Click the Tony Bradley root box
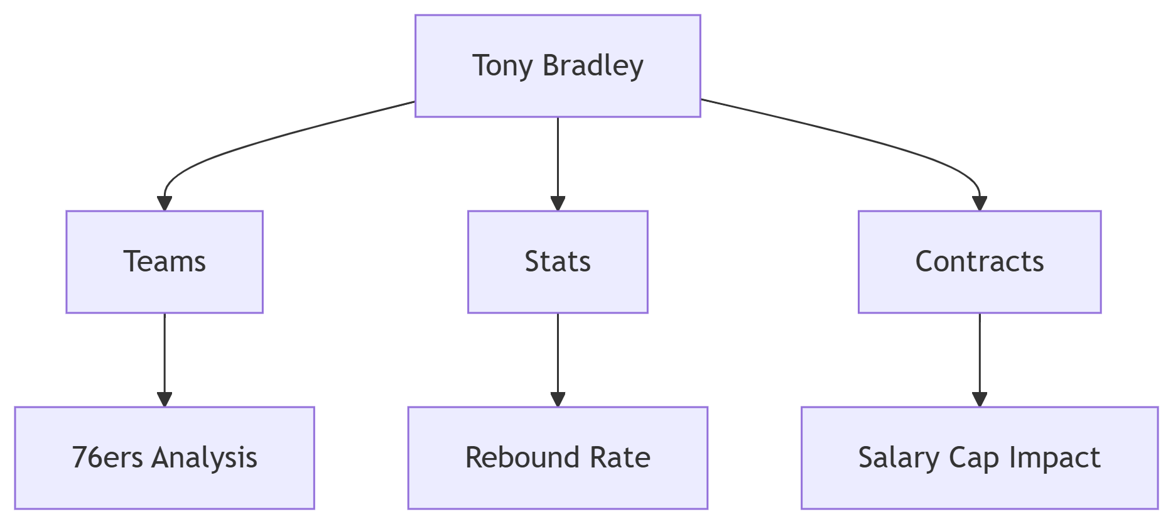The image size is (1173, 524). (x=558, y=66)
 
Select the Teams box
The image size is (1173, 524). (x=165, y=262)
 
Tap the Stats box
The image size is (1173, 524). (x=558, y=262)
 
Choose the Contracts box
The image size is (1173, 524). (x=980, y=262)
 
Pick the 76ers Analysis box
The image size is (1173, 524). (x=165, y=458)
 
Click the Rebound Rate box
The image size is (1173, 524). (x=558, y=458)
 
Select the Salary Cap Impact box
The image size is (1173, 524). (x=980, y=458)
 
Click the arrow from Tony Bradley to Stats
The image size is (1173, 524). (x=558, y=164)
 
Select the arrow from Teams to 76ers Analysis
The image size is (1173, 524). (x=165, y=360)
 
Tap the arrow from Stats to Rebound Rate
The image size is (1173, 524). (x=558, y=360)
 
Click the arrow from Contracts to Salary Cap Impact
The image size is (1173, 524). (x=980, y=360)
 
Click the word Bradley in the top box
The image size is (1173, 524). (x=593, y=66)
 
